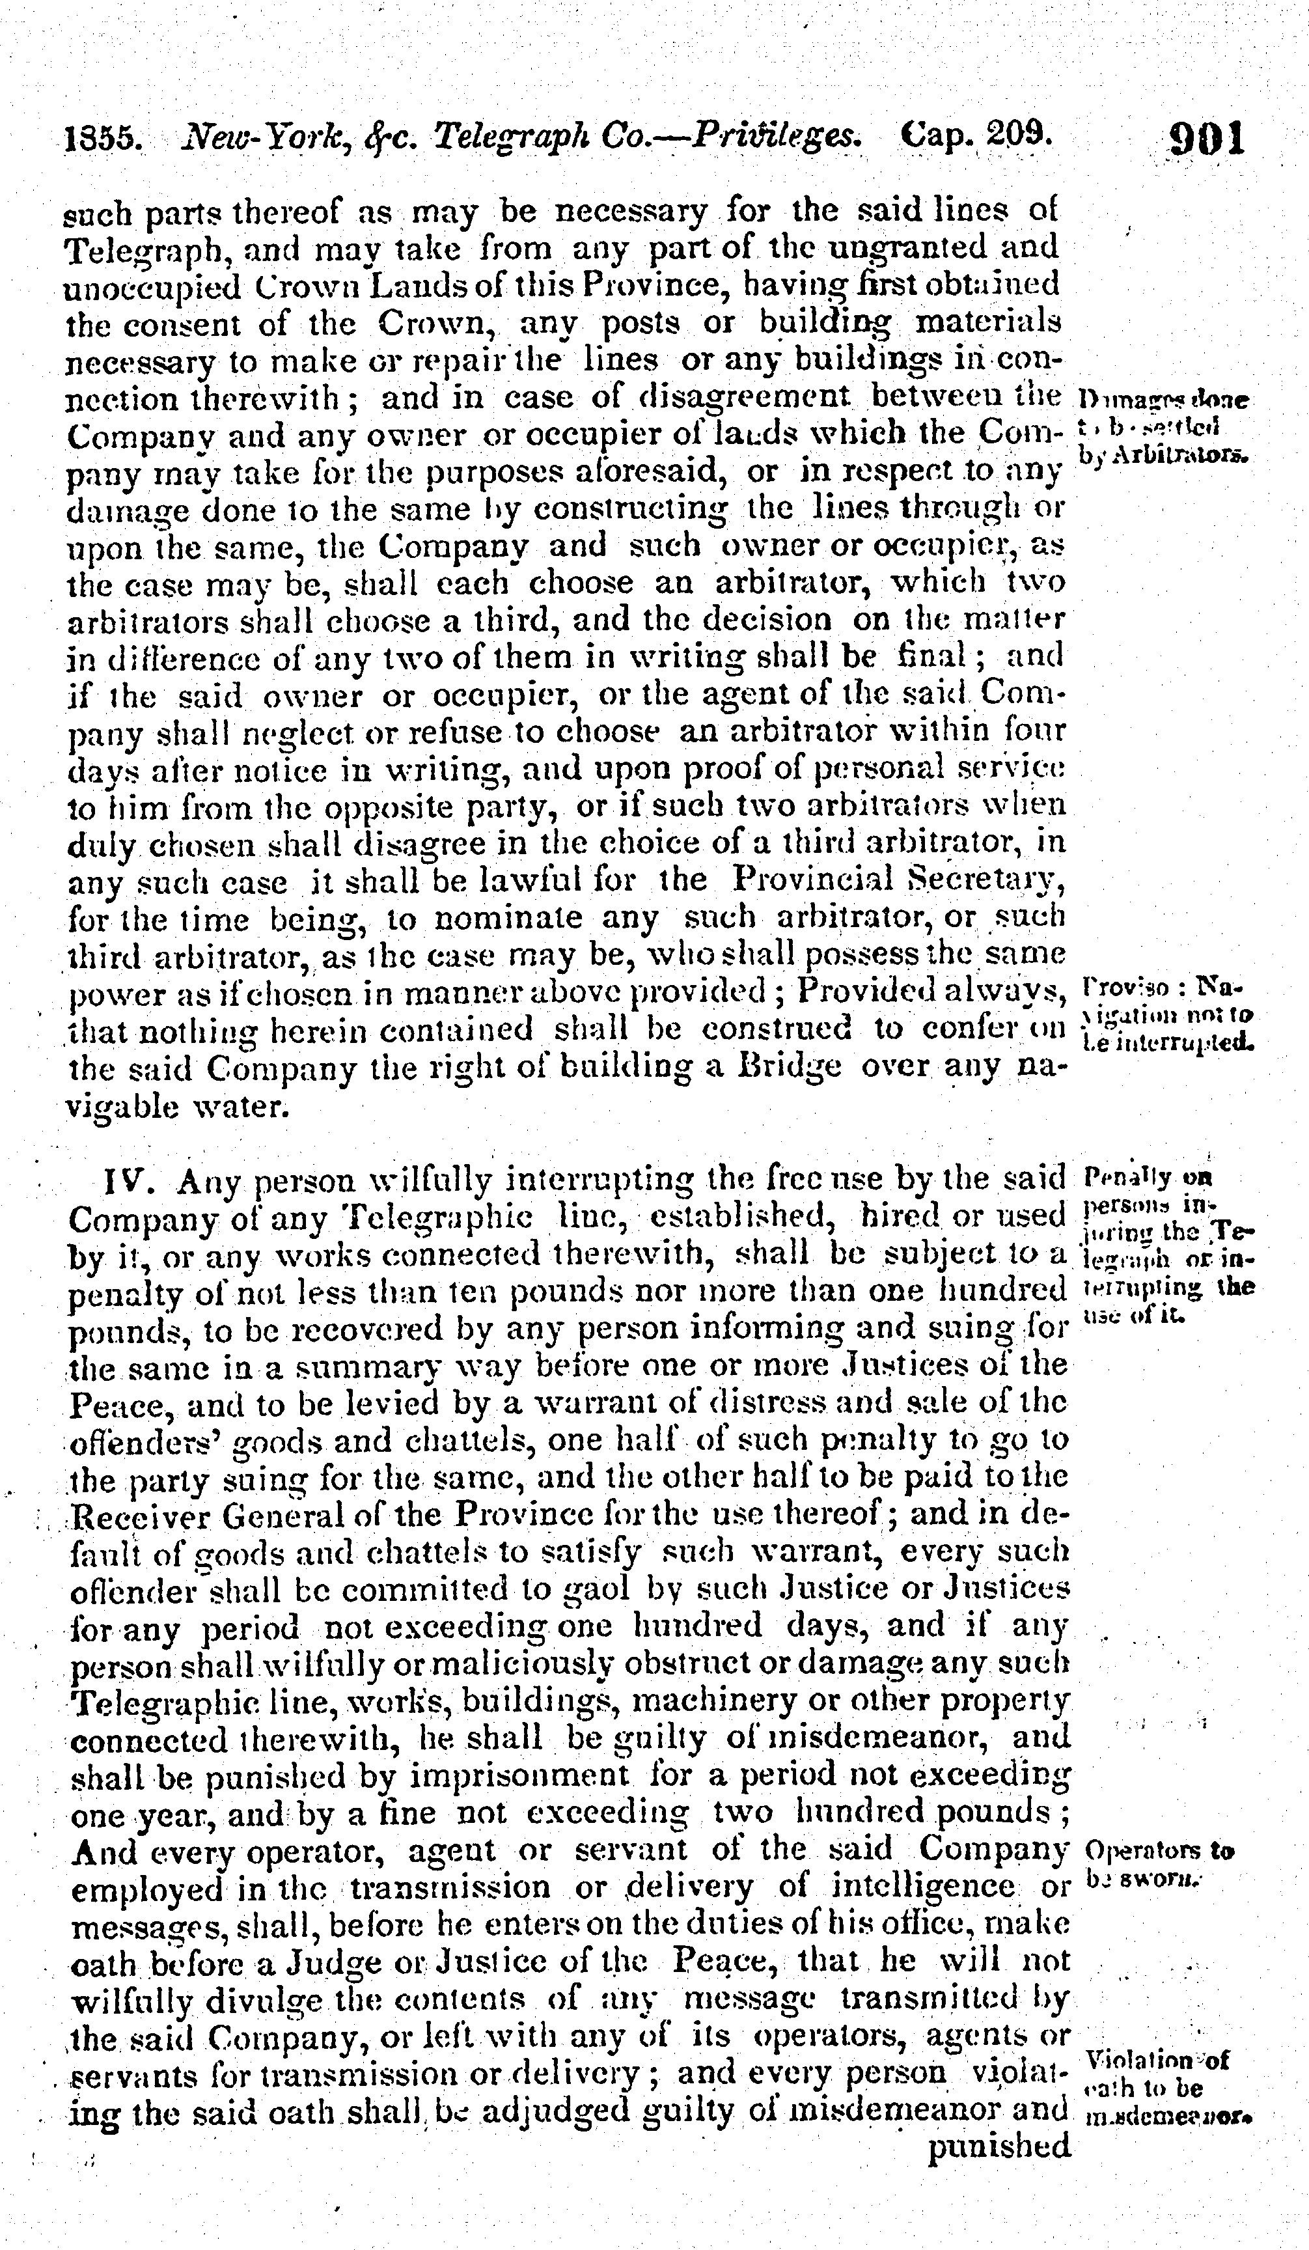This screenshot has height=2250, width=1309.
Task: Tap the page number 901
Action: coord(1206,139)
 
